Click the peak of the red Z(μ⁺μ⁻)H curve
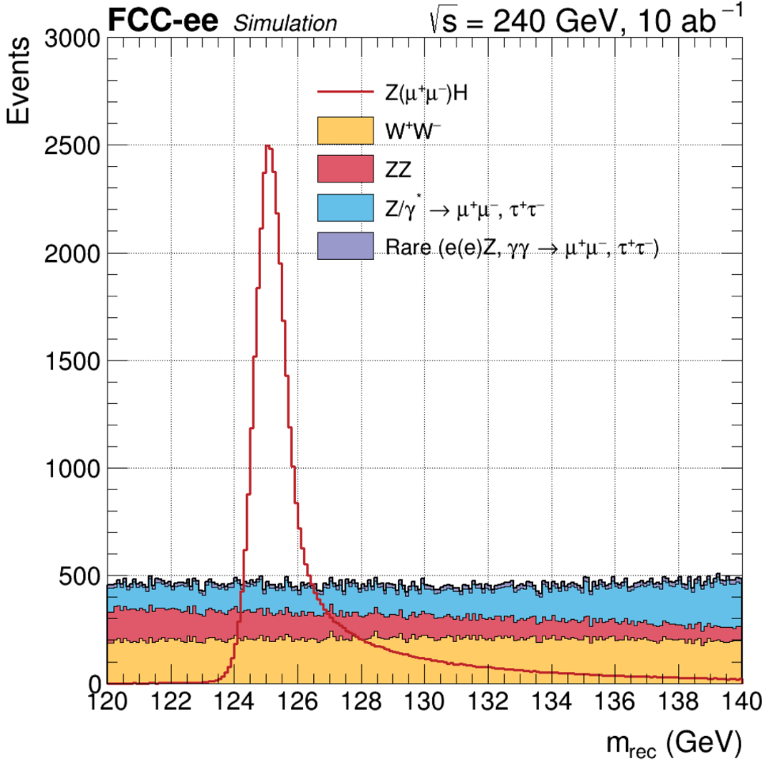pos(268,147)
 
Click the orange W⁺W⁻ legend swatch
pos(344,131)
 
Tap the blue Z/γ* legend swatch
pos(344,208)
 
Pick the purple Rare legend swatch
pos(344,246)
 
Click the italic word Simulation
pos(285,24)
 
